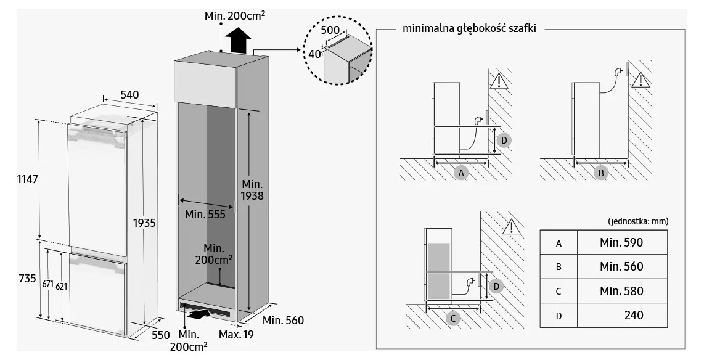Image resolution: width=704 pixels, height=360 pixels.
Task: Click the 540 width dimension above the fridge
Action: click(129, 95)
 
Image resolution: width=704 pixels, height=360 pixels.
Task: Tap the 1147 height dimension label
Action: click(27, 179)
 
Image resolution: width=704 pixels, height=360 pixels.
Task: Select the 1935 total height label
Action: click(144, 223)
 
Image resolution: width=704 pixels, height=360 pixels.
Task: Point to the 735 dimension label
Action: click(27, 279)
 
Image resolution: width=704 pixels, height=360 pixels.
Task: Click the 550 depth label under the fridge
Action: click(160, 335)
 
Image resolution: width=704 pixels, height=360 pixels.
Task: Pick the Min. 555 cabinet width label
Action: click(205, 215)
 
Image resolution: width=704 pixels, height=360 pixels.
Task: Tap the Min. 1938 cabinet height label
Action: click(252, 190)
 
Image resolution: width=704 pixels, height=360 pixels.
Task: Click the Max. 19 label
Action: click(236, 334)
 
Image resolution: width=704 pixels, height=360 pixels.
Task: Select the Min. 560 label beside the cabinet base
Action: click(284, 321)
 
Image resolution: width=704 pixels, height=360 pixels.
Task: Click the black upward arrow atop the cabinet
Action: click(238, 40)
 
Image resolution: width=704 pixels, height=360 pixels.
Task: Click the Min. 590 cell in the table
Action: click(621, 242)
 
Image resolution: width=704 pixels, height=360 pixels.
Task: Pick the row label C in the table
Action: click(559, 292)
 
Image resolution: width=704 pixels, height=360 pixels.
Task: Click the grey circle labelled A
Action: click(461, 173)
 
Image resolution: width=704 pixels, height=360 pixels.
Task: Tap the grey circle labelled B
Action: click(600, 173)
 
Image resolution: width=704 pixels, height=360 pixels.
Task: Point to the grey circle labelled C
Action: click(454, 318)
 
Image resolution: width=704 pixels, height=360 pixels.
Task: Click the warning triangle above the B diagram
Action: click(641, 80)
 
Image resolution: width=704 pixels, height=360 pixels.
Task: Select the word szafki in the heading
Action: click(522, 28)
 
